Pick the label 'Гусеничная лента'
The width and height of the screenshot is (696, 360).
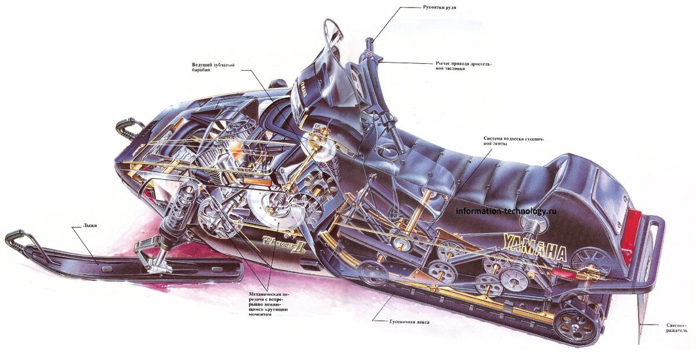pos(409,321)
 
